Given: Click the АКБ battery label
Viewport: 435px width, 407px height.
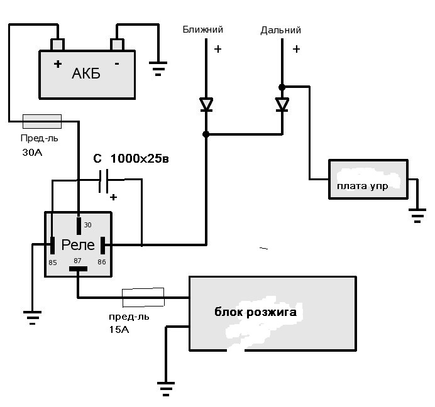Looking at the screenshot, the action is [x=86, y=73].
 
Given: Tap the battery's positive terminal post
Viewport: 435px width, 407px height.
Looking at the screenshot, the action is [x=57, y=45].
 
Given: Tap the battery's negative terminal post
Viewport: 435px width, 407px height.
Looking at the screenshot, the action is [x=117, y=45].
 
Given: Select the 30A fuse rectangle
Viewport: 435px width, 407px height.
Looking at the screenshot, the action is [x=42, y=121].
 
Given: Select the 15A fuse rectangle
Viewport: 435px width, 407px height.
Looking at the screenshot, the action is [x=143, y=298].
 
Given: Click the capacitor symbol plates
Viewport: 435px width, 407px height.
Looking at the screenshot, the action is [x=104, y=182].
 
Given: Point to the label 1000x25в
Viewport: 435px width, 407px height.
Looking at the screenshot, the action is [x=140, y=158].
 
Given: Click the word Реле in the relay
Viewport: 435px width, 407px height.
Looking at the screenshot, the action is [x=78, y=245].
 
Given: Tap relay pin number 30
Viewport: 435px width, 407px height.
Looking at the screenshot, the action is [x=87, y=225].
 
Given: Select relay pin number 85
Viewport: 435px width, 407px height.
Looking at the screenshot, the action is [x=53, y=263].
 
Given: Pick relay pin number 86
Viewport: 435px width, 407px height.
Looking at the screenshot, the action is [x=102, y=262].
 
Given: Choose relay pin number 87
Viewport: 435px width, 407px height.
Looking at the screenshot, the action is [x=77, y=261].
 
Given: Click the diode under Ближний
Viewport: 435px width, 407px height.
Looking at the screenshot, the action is [x=206, y=104].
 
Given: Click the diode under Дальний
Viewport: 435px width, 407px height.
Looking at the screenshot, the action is [x=282, y=104].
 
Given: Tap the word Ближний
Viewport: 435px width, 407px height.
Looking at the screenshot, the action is [x=203, y=30].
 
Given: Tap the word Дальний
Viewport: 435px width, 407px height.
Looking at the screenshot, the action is [x=281, y=30].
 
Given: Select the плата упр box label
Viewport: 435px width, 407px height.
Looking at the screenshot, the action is [x=362, y=186].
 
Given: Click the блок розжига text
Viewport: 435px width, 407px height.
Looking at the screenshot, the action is [x=255, y=312].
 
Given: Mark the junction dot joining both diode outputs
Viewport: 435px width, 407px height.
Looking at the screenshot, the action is [x=206, y=134].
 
